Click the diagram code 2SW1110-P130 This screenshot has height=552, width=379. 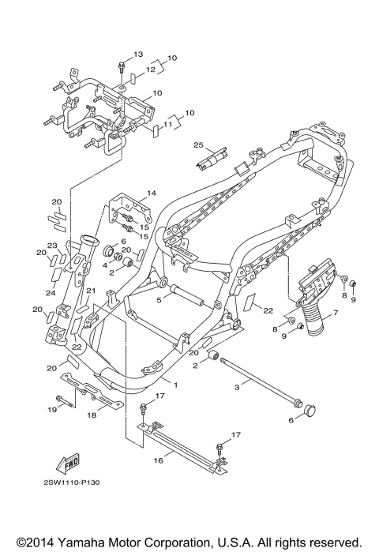click(x=71, y=483)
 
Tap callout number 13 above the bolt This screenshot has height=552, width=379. click(x=138, y=54)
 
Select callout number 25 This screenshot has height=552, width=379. click(x=198, y=145)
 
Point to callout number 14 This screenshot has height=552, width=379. click(x=152, y=193)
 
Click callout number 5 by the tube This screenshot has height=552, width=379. click(x=159, y=300)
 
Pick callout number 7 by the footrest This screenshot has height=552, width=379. click(x=336, y=312)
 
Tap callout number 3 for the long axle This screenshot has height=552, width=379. click(x=237, y=387)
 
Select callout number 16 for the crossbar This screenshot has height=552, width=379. click(x=159, y=460)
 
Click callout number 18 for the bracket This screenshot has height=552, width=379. click(x=92, y=415)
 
